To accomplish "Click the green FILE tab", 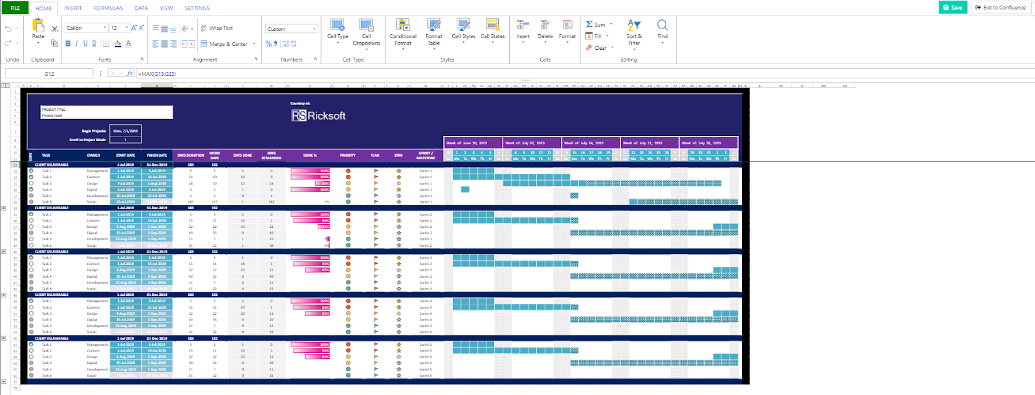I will (15, 8).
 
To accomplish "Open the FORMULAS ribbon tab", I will (108, 8).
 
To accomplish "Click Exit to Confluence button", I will (1001, 7).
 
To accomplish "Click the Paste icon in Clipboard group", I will (38, 27).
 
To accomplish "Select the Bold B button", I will (68, 43).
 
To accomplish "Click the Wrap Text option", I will (217, 28).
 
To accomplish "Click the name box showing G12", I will (49, 73).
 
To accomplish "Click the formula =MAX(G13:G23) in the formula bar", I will (157, 74).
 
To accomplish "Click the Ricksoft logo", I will (318, 115).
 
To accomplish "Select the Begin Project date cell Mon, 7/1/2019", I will (125, 131).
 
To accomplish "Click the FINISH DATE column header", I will (157, 155).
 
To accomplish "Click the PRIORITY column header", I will (348, 155).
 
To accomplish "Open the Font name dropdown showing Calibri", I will (87, 28).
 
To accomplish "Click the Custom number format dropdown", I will (291, 29).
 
